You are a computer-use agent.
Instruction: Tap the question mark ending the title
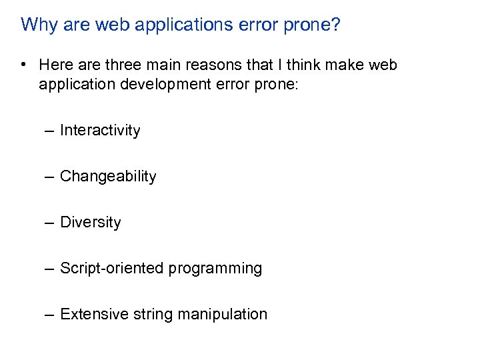pyautogui.click(x=336, y=25)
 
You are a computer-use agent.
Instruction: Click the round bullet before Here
pyautogui.click(x=23, y=65)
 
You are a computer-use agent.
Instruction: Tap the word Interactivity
pyautogui.click(x=100, y=131)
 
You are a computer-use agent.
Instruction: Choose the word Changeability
pyautogui.click(x=108, y=177)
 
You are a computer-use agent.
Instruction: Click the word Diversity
pyautogui.click(x=91, y=223)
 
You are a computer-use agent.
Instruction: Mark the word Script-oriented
pyautogui.click(x=112, y=269)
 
